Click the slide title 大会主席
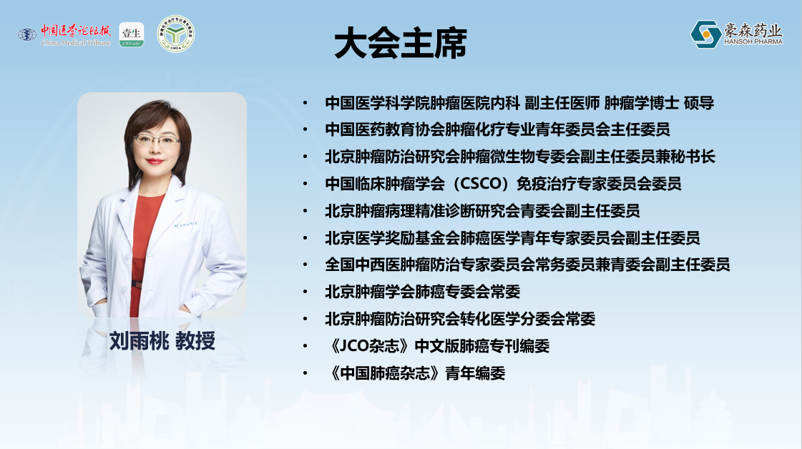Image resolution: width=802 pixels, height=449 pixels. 401,44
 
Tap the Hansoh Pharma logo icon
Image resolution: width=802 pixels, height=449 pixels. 706,34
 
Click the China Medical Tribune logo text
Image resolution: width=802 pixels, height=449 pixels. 76,35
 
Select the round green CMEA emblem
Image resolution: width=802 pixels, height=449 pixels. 175,34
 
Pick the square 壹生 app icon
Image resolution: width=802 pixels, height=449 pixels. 132,35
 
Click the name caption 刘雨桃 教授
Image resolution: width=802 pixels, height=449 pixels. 162,341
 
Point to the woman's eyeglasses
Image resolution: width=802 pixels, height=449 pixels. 157,139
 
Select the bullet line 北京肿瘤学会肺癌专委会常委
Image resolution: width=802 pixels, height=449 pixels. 423,292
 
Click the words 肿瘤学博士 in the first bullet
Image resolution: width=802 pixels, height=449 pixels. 642,103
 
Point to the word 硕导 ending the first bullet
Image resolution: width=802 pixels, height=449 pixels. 699,103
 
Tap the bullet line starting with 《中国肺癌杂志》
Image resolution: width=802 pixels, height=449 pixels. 416,373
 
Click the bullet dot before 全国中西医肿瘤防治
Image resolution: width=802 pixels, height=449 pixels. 305,265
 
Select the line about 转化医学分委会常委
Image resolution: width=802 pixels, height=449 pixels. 460,319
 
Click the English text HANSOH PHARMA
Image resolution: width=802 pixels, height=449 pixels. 753,42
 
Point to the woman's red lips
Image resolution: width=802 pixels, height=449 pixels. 155,162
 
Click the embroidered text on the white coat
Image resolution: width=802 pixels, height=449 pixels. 185,224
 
